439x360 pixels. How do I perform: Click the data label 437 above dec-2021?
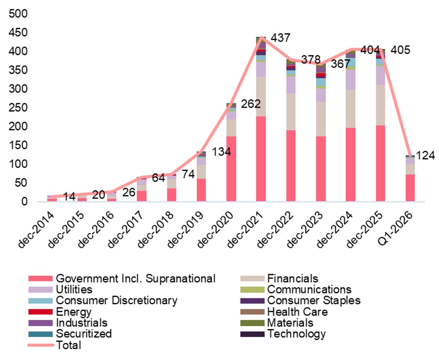[x=280, y=38]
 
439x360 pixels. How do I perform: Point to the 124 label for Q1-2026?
[x=425, y=155]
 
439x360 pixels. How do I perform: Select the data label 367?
[x=340, y=64]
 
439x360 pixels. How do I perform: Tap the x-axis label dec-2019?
[x=186, y=230]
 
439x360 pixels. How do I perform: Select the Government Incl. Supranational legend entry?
[x=135, y=279]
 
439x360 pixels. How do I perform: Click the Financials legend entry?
[x=293, y=279]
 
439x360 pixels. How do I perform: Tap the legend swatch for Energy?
[x=41, y=312]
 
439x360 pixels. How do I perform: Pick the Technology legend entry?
[x=296, y=334]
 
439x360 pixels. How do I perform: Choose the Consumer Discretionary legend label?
[x=117, y=300]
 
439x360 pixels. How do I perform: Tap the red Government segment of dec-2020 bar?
[x=231, y=168]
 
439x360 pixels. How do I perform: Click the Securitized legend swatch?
[x=41, y=334]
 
